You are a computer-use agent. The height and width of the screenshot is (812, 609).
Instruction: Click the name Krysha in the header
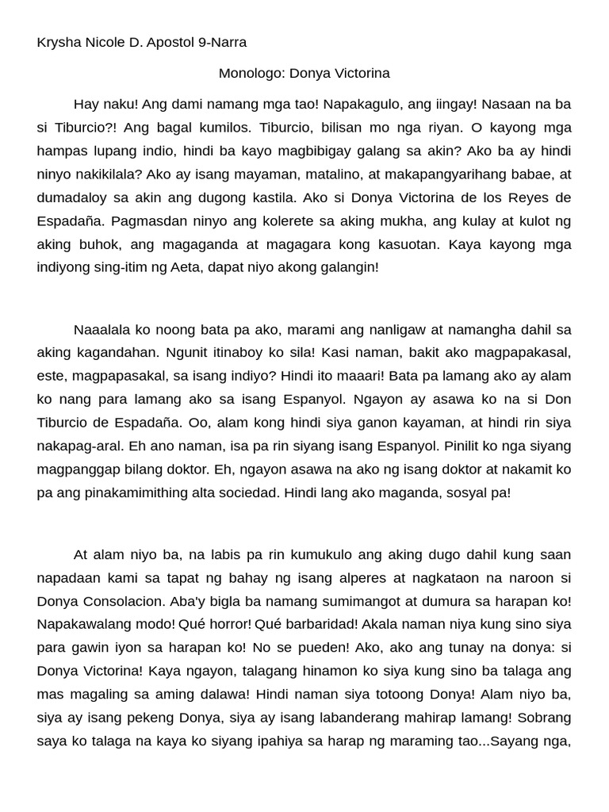pos(58,43)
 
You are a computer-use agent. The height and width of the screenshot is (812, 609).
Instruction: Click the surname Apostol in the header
pos(170,43)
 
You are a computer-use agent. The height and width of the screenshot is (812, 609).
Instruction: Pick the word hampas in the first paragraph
pos(62,151)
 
